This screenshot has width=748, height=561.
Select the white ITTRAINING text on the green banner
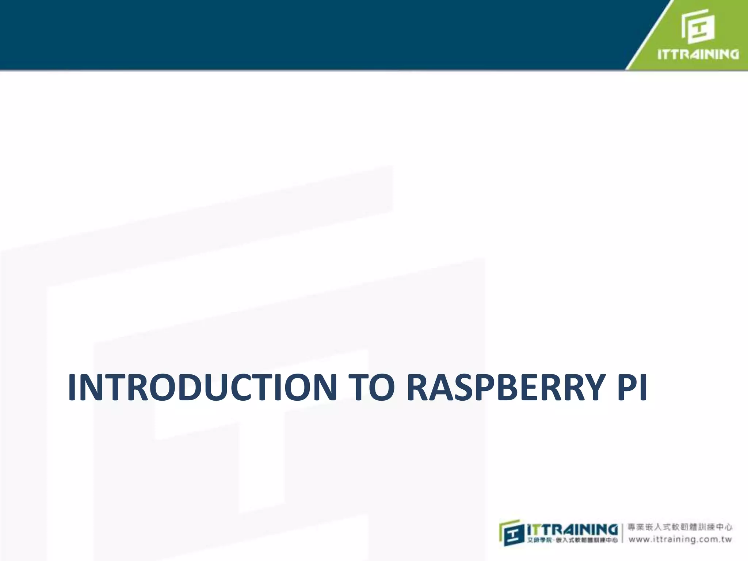pyautogui.click(x=698, y=54)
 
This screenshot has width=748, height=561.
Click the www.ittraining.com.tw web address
pyautogui.click(x=680, y=539)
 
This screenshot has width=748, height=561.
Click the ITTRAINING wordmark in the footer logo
pyautogui.click(x=572, y=529)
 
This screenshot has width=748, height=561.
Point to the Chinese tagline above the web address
pyautogui.click(x=680, y=527)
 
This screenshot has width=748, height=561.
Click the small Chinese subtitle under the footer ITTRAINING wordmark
pyautogui.click(x=572, y=540)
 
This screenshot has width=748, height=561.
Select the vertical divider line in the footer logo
pyautogui.click(x=622, y=533)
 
